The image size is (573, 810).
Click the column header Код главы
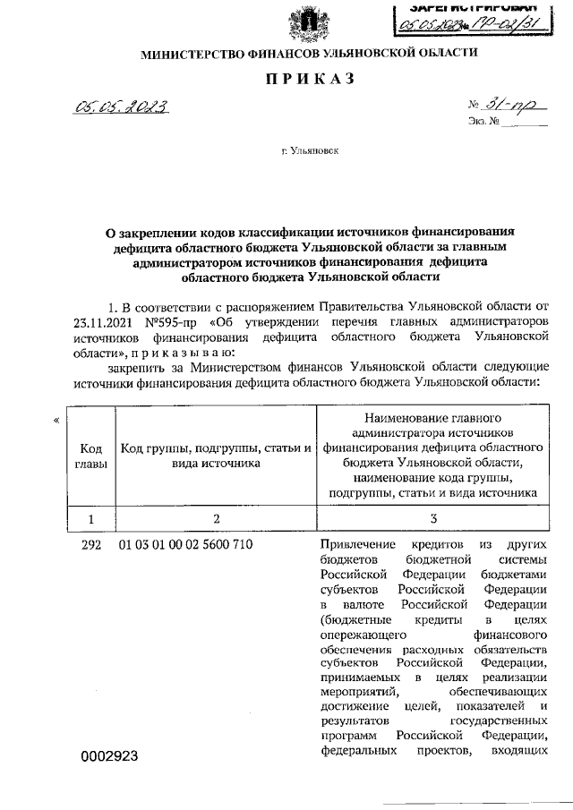(91, 455)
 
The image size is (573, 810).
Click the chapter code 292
(91, 543)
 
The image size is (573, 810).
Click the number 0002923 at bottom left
(109, 756)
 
